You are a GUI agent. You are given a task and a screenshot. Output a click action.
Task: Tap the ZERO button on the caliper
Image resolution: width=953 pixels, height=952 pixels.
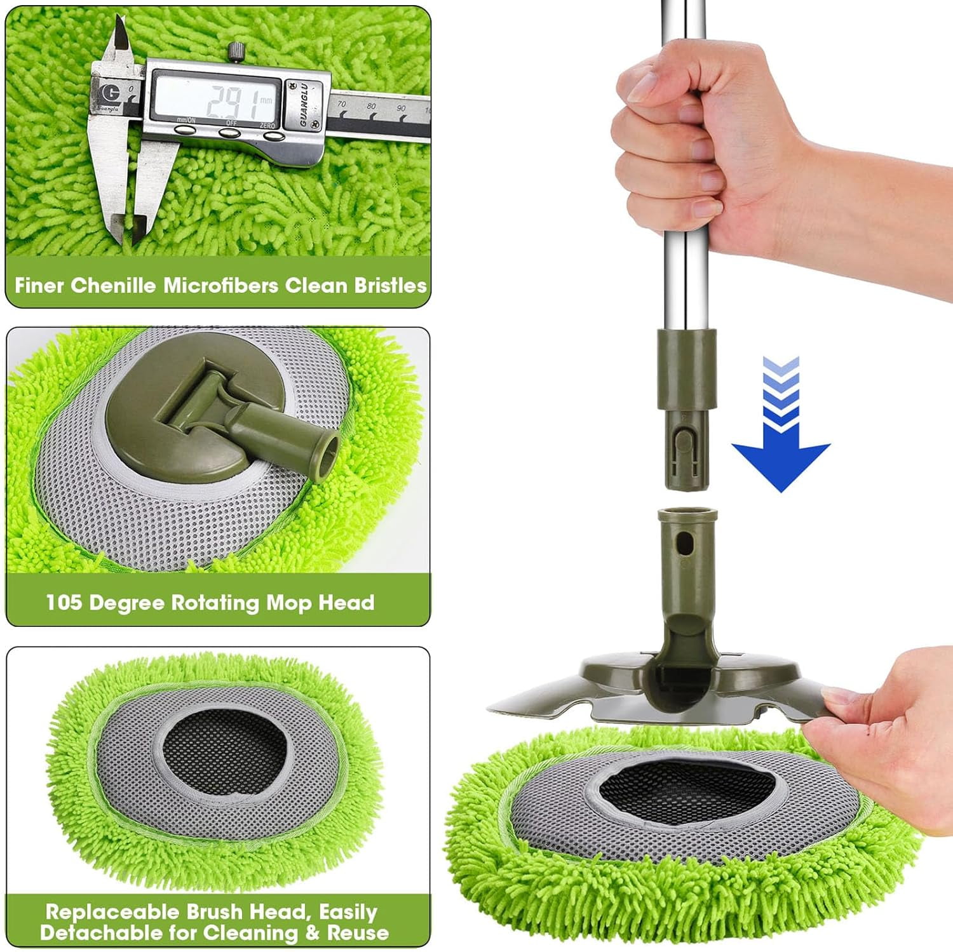point(273,135)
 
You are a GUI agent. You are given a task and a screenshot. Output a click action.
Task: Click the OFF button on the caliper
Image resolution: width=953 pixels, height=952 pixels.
point(229,132)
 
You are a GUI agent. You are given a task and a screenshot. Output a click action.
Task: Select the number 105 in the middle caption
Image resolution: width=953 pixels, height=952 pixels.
point(64,602)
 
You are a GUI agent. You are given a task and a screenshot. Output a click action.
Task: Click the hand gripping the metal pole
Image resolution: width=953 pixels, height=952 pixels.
point(686,159)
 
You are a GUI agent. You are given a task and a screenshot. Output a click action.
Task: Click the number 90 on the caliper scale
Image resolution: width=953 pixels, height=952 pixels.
point(401,108)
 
